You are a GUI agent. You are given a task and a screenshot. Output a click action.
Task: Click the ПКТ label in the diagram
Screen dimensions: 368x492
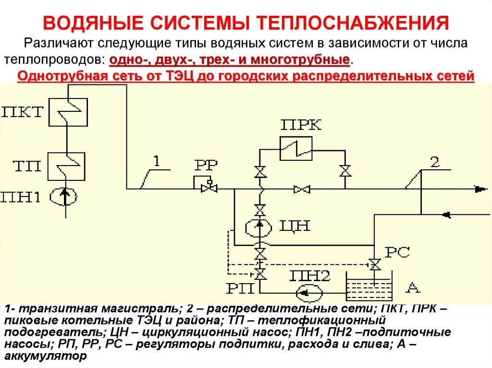coord(23,112)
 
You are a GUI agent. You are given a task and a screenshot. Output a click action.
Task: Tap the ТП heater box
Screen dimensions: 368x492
coord(69,166)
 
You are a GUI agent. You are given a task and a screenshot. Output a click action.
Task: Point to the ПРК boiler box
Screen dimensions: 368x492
coord(296,148)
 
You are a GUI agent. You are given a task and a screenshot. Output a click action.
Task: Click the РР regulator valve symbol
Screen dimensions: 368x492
coord(208,189)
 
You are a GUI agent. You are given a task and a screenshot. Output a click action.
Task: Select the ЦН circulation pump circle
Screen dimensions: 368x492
coord(259,227)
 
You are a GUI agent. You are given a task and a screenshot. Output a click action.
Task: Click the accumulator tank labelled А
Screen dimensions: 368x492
coord(369,287)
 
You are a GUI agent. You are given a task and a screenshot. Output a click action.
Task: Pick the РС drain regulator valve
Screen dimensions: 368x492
coord(373,264)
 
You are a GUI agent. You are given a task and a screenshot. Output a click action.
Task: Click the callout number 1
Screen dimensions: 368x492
coord(156,161)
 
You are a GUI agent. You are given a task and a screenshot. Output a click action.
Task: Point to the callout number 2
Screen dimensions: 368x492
coord(434,162)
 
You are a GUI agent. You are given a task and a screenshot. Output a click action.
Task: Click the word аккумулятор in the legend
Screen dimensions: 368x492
coord(46,356)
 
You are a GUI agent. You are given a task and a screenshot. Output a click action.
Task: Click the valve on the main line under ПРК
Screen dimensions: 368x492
coord(302,190)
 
